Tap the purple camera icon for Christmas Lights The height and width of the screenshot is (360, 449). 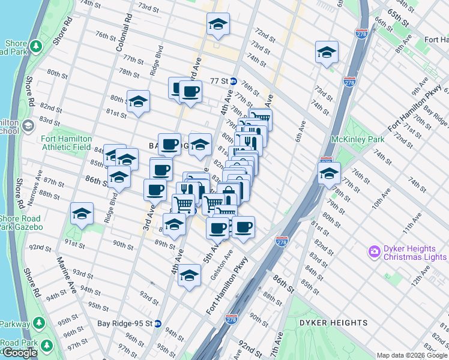pyautogui.click(x=375, y=250)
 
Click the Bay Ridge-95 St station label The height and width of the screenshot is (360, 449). pyautogui.click(x=124, y=323)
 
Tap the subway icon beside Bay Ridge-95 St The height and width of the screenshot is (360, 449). pyautogui.click(x=157, y=323)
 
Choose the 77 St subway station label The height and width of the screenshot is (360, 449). pyautogui.click(x=220, y=80)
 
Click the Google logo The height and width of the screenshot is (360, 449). pyautogui.click(x=20, y=353)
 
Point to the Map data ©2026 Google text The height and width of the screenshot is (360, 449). pyautogui.click(x=412, y=355)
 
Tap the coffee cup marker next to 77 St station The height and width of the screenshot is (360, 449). pyautogui.click(x=191, y=92)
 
